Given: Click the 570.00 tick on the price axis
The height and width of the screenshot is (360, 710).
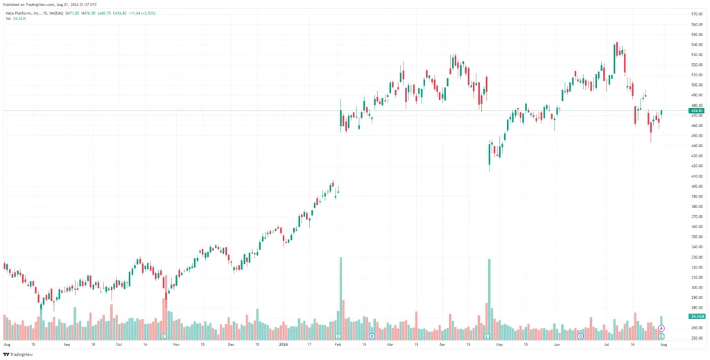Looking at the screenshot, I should (697, 14).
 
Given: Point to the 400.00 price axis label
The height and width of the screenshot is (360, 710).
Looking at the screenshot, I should (697, 186).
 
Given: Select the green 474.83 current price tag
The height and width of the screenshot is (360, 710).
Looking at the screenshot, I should (697, 111).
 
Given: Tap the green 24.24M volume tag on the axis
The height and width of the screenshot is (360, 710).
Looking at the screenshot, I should (697, 316).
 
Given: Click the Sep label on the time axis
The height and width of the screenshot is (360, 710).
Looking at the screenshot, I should (67, 344).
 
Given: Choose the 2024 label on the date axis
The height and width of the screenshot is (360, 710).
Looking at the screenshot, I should (283, 344).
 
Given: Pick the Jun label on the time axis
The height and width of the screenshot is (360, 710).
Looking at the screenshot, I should (557, 344).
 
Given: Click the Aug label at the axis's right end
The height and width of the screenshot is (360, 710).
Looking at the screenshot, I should (664, 344).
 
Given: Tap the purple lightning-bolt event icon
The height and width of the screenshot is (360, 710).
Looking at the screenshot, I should (661, 328).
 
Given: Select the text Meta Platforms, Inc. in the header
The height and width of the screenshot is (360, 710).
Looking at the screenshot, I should (20, 12).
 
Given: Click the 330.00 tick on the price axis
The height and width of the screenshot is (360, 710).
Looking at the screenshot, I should (697, 257).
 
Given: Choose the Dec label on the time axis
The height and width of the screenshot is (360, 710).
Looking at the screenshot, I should (230, 344).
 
